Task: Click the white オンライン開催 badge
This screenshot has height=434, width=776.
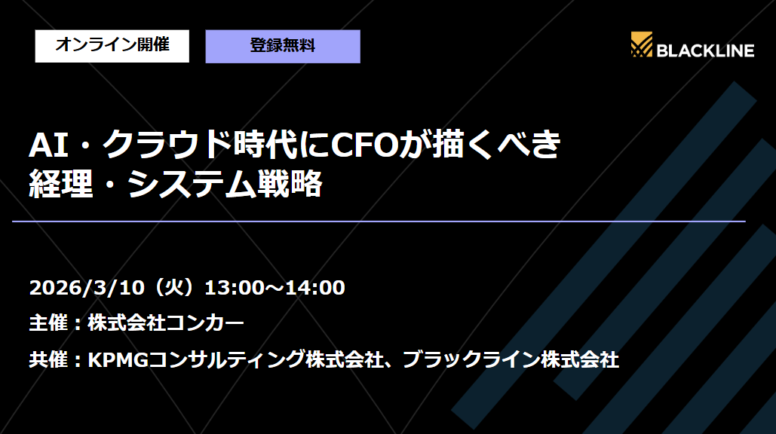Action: click(112, 45)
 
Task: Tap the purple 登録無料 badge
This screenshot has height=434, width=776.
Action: click(283, 46)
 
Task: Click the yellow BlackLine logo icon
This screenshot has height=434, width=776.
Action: click(642, 46)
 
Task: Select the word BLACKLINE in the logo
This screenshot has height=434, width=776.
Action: click(705, 50)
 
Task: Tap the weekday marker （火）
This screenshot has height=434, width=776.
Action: click(176, 288)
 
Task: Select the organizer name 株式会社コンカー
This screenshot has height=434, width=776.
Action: click(166, 324)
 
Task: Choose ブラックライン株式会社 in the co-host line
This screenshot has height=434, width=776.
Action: click(511, 360)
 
